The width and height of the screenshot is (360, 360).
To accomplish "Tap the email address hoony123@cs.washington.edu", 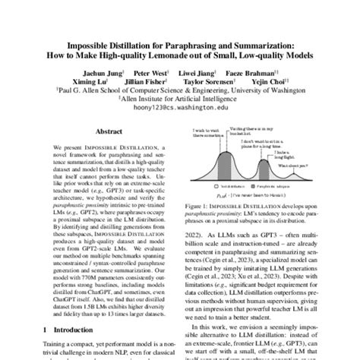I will pyautogui.click(x=180, y=108).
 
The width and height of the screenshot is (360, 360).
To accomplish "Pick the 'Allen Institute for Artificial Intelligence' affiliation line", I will pyautogui.click(x=180, y=98).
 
